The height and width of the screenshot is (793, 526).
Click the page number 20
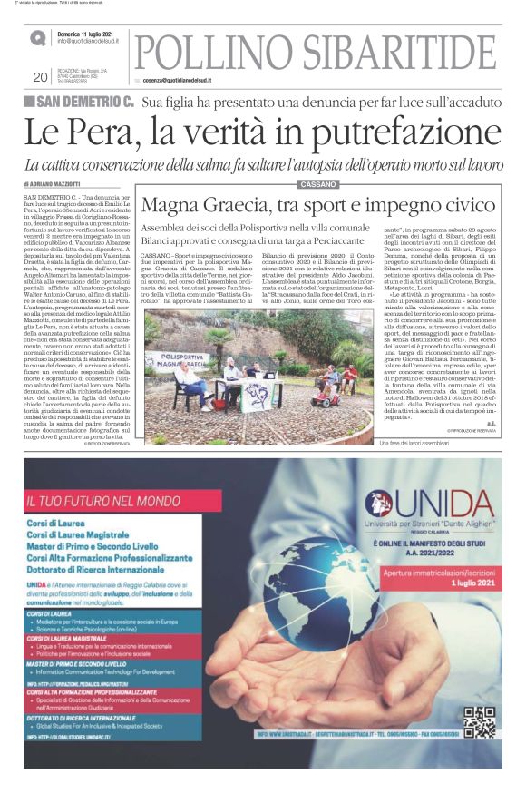[40, 77]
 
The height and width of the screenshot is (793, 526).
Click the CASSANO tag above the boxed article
[317, 184]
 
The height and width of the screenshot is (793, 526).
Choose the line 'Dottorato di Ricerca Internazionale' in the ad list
[100, 573]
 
